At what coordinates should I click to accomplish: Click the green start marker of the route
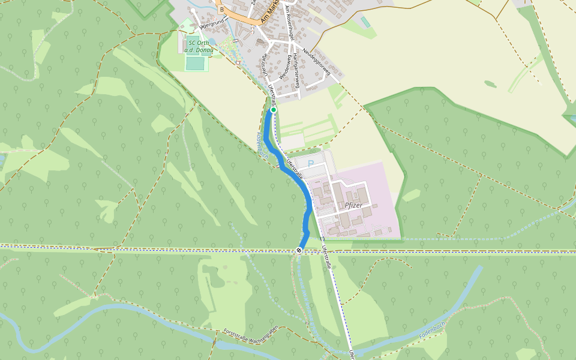pos(273,110)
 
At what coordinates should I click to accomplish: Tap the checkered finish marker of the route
pos(299,250)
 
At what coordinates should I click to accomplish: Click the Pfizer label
pos(353,205)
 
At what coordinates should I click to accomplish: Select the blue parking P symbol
pos(310,163)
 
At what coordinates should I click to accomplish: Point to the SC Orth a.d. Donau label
pos(200,47)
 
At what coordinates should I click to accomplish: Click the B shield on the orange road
pos(222,10)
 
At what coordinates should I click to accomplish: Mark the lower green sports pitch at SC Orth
pos(195,63)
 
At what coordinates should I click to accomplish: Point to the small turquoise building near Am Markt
pos(365,22)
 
